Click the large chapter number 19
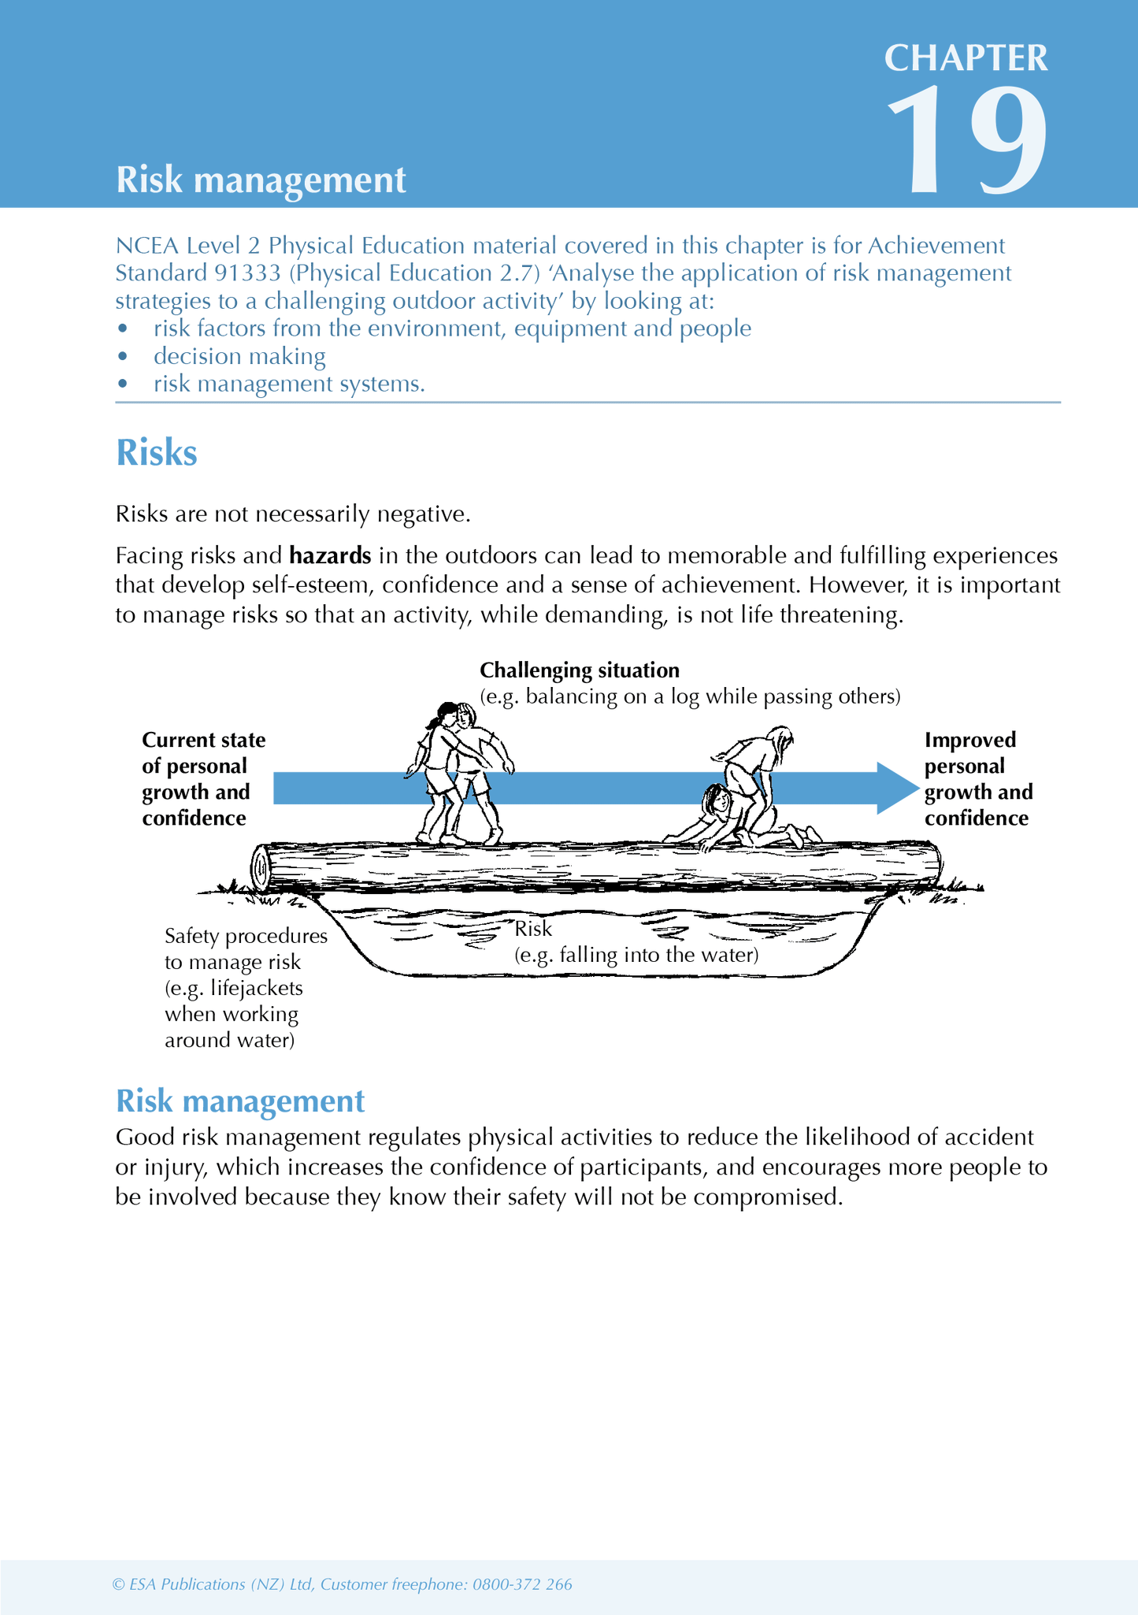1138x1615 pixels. tap(968, 142)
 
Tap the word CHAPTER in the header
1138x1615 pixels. tap(966, 59)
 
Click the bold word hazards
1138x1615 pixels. tap(330, 556)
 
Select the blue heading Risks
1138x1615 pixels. tap(156, 454)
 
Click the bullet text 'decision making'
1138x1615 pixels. tap(239, 356)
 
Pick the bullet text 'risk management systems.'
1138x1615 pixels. tap(289, 384)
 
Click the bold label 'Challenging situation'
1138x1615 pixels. tap(580, 670)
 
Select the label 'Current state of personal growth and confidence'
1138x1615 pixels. tap(203, 778)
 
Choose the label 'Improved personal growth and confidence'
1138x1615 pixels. tap(977, 778)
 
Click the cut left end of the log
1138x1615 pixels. tap(260, 868)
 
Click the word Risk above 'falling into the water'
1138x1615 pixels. tap(533, 929)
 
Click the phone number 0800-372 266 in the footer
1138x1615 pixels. tap(522, 1584)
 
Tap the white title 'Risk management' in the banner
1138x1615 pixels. tap(261, 180)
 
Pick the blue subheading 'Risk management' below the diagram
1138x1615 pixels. tap(240, 1101)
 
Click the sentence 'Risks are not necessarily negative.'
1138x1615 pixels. tap(293, 514)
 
